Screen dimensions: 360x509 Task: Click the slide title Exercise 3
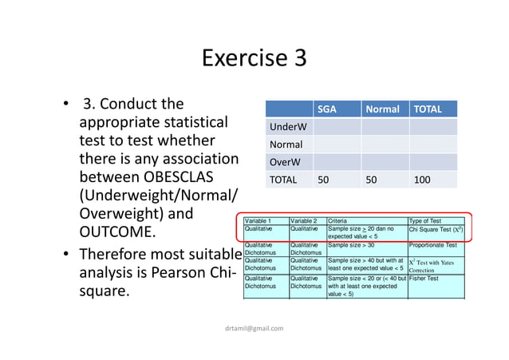click(x=254, y=59)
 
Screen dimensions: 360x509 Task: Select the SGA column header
click(x=326, y=109)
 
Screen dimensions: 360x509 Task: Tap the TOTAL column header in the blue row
click(x=426, y=109)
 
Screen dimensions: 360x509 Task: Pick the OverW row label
click(x=282, y=162)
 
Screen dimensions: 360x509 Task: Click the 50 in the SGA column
click(x=323, y=180)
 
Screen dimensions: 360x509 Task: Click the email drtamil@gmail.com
click(x=254, y=327)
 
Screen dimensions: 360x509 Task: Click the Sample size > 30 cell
click(x=351, y=246)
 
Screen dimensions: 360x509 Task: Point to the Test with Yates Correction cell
click(x=434, y=266)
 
